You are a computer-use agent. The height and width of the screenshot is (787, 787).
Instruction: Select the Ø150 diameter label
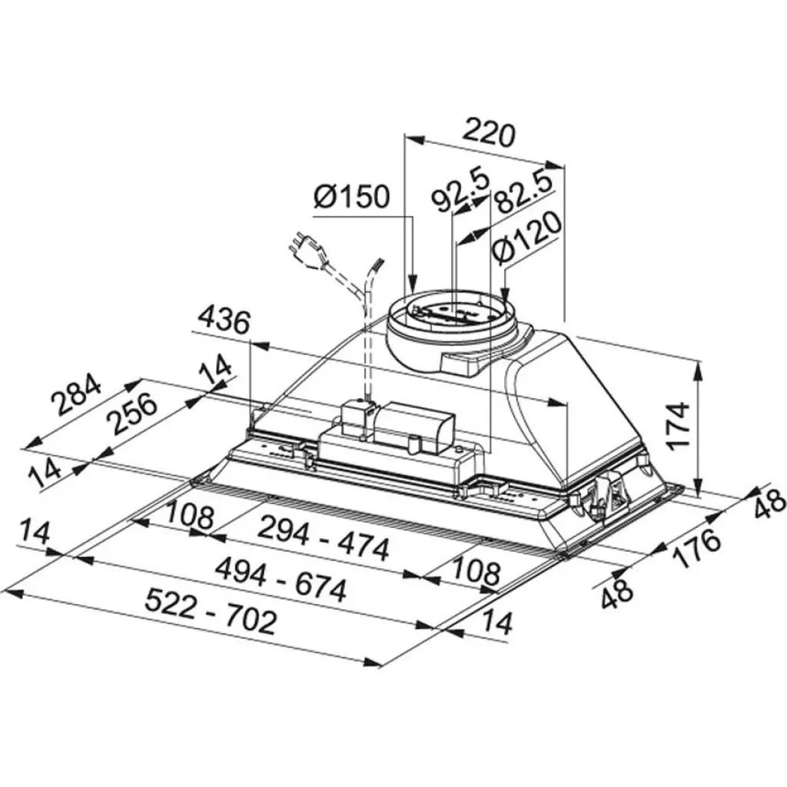coord(352,198)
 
